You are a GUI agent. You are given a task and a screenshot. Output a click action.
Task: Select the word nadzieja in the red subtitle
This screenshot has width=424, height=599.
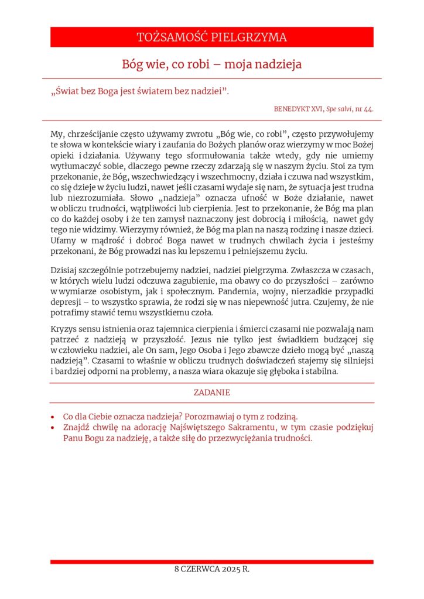tap(277, 64)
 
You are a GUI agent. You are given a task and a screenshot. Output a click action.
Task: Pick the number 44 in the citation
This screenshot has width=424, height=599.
tap(369, 109)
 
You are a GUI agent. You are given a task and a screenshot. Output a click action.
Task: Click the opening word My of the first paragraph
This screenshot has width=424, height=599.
tap(57, 134)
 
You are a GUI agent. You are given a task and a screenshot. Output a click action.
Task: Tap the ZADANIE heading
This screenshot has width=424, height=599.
tap(211, 393)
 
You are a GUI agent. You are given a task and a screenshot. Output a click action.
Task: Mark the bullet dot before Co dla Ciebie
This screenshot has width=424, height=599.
tap(53, 418)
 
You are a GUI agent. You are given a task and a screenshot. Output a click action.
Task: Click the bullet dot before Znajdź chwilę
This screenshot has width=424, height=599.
tap(53, 428)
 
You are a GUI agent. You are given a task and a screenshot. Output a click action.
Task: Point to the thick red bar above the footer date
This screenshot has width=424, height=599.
tap(211, 562)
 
